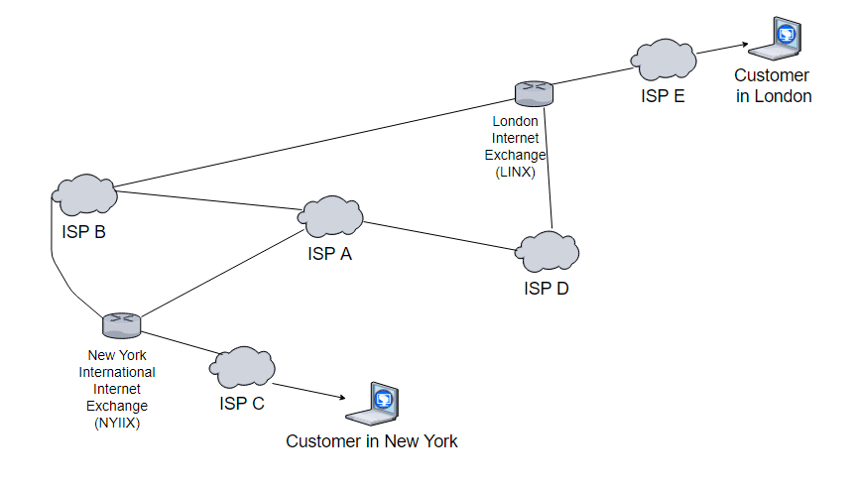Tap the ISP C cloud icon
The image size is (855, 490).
(x=241, y=368)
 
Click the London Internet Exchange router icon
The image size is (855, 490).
(x=535, y=93)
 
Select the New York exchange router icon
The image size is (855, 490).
(x=122, y=323)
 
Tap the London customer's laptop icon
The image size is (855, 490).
(x=776, y=39)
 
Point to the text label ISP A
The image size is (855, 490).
(x=330, y=254)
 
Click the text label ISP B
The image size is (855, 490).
(x=83, y=233)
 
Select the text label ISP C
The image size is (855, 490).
(x=242, y=404)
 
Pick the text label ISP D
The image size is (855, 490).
(x=547, y=289)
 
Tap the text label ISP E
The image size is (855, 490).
(x=662, y=96)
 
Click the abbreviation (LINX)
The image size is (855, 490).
(x=515, y=173)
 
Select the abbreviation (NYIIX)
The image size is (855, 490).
(x=117, y=423)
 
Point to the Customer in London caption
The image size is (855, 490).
(x=774, y=86)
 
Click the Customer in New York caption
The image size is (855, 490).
(x=372, y=441)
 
